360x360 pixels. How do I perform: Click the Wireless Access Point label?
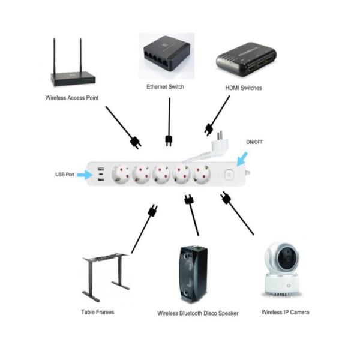(72, 97)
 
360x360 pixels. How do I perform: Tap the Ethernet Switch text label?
(165, 87)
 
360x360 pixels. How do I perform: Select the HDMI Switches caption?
(243, 88)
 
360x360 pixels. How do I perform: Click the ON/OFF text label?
(254, 142)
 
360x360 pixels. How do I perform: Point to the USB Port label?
(65, 175)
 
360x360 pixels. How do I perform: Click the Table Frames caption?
(97, 312)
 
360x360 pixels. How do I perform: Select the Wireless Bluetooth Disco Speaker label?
(198, 313)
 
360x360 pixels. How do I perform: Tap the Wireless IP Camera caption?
(285, 312)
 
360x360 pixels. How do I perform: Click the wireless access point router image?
(73, 66)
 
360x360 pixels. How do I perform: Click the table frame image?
(106, 276)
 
